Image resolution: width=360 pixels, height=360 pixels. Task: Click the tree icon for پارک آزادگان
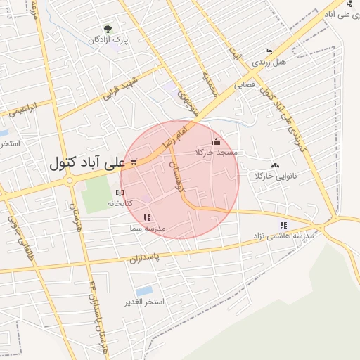[x=108, y=29]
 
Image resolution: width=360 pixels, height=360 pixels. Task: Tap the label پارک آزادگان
[x=108, y=40]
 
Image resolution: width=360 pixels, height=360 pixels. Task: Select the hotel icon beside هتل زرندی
[x=269, y=51]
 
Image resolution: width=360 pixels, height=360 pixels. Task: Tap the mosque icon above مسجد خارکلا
[x=215, y=141]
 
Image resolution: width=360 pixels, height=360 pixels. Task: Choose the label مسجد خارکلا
[x=217, y=153]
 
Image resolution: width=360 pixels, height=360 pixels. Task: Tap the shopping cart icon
[x=134, y=161]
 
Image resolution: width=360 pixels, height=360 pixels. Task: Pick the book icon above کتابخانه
[x=119, y=192]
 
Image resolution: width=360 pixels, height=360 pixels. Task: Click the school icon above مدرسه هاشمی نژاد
[x=283, y=225]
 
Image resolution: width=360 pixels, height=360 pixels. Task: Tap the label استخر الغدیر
[x=144, y=302]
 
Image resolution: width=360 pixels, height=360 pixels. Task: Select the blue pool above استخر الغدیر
[x=144, y=290]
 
